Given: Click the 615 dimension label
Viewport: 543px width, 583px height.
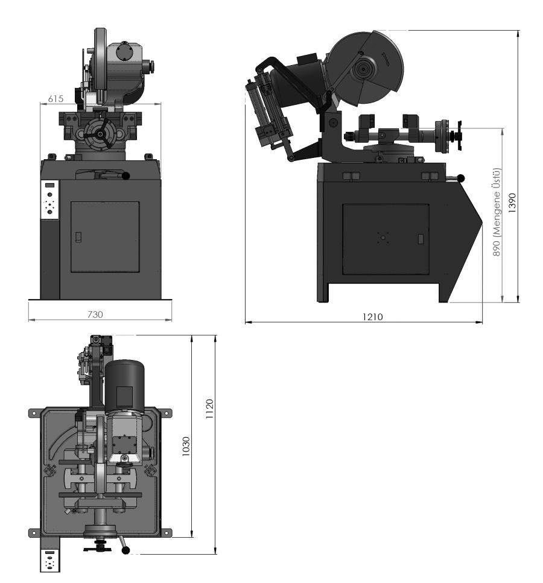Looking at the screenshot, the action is pyautogui.click(x=56, y=98).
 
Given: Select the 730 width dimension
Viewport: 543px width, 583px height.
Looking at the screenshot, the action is pyautogui.click(x=95, y=314).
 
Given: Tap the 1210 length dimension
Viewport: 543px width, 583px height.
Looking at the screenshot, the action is pyautogui.click(x=372, y=317).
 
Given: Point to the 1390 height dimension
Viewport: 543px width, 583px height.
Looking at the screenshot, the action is pyautogui.click(x=512, y=203).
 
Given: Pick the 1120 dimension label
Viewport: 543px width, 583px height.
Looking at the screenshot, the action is pyautogui.click(x=209, y=409).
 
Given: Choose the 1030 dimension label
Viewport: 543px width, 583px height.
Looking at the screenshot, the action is pyautogui.click(x=186, y=446).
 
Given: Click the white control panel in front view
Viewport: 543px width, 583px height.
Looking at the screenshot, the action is pyautogui.click(x=50, y=200).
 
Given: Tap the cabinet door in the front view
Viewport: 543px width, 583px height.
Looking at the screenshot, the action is pyautogui.click(x=105, y=237).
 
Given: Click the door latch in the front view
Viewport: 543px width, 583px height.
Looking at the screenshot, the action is pyautogui.click(x=78, y=237).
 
